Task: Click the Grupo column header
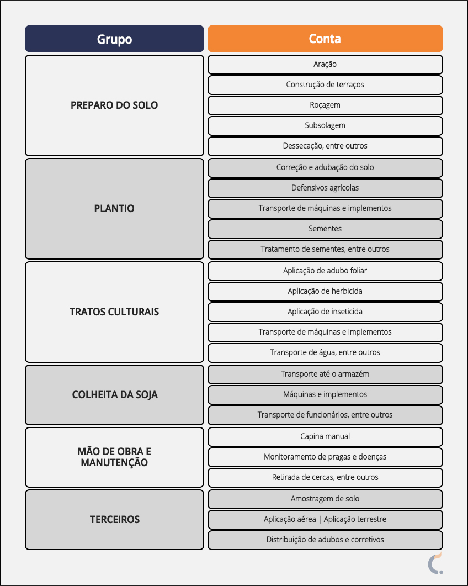(114, 39)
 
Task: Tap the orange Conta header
(325, 39)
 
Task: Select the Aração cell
(325, 64)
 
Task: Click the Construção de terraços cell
(325, 85)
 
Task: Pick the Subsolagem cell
(325, 125)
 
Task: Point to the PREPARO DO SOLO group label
(114, 105)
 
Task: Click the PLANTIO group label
(114, 209)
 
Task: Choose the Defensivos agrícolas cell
(325, 188)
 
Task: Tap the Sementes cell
(325, 229)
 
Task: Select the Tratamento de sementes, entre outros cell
(325, 249)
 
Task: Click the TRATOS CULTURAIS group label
(114, 312)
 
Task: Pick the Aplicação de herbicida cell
(325, 291)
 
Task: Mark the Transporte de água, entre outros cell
(325, 352)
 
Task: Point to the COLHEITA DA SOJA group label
(114, 395)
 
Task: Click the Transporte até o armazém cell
(325, 374)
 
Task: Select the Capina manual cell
(325, 436)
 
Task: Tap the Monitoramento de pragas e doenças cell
(325, 457)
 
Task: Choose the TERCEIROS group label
(114, 519)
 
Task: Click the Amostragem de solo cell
(325, 499)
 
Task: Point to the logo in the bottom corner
(435, 562)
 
